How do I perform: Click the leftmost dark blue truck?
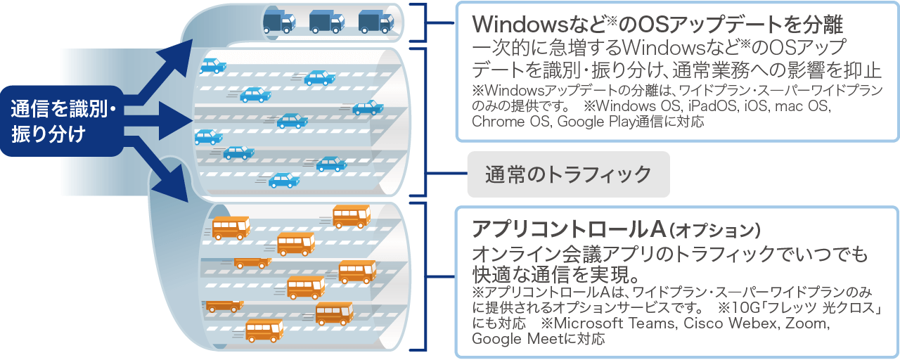tap(278, 22)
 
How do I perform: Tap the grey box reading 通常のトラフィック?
tap(568, 174)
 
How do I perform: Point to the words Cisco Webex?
tap(724, 324)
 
